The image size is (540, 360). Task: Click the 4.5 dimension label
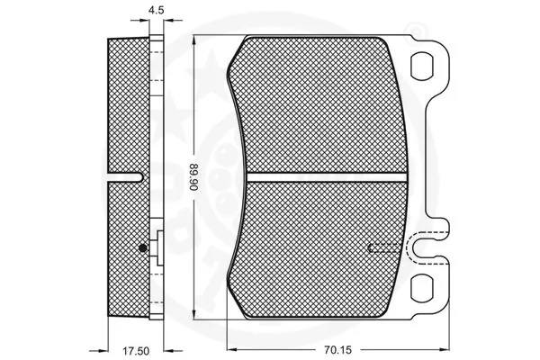pos(156,10)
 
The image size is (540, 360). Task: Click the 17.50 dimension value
pos(136,351)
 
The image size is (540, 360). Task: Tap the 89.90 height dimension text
pos(193,177)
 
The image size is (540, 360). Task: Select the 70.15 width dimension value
pos(337,350)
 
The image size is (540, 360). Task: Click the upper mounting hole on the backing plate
pos(421,66)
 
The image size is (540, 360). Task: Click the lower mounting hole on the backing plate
pos(421,287)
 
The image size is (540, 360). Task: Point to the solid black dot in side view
pos(142,247)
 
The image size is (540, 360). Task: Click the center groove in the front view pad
pos(327,177)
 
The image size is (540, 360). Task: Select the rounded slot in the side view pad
pos(125,177)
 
